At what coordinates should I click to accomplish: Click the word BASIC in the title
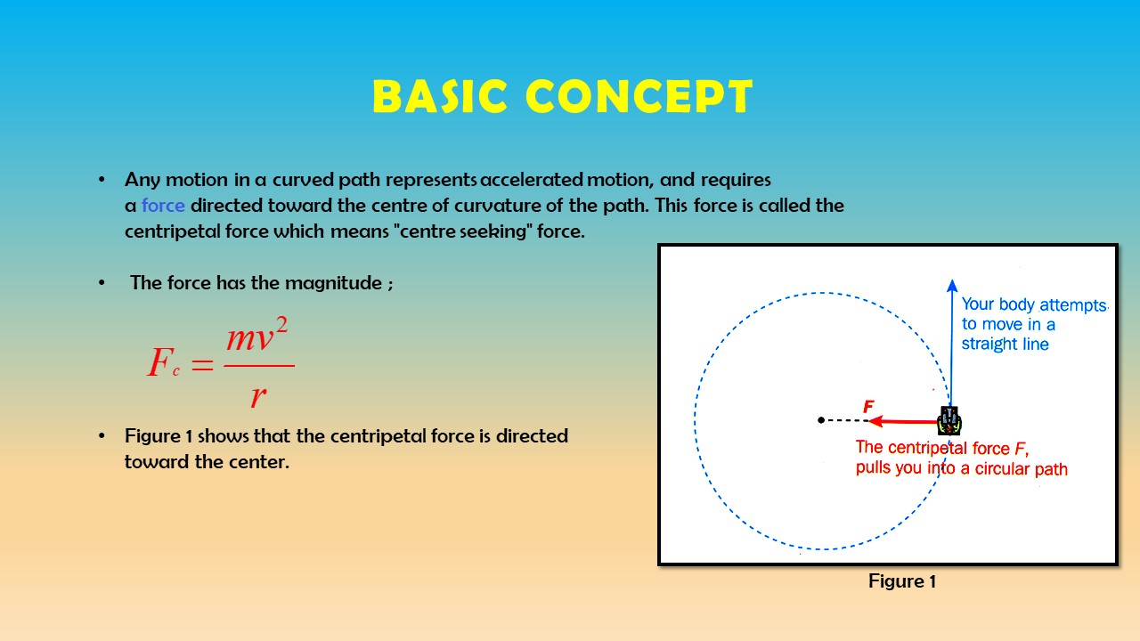(x=440, y=96)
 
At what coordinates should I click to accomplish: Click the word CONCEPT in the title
(x=639, y=96)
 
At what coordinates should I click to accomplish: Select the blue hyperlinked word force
(x=163, y=206)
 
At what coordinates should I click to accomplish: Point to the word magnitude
(x=333, y=283)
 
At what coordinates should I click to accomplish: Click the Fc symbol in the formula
(x=163, y=361)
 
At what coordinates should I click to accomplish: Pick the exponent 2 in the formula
(x=282, y=325)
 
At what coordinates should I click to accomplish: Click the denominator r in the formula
(x=258, y=396)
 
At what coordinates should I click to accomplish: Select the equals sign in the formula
(x=202, y=364)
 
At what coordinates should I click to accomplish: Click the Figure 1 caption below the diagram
(x=902, y=581)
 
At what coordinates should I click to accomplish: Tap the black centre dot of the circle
(x=821, y=420)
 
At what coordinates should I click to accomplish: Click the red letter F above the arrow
(x=868, y=406)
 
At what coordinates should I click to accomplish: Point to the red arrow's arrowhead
(x=875, y=421)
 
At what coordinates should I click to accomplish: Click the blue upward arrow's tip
(x=952, y=280)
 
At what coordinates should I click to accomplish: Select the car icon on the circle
(x=949, y=420)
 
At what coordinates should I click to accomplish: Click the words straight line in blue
(x=1006, y=345)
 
